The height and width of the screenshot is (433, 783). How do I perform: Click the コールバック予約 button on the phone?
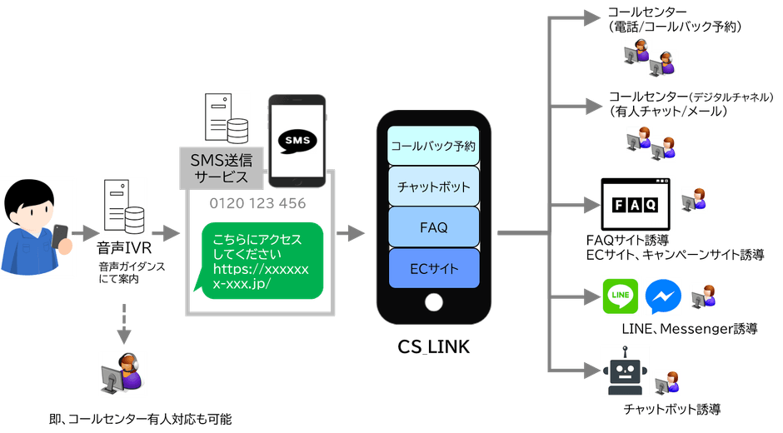[433, 146]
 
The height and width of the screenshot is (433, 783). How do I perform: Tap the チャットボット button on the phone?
[433, 186]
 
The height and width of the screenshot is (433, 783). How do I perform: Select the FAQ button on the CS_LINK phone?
[433, 226]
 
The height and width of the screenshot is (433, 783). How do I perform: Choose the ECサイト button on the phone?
[433, 267]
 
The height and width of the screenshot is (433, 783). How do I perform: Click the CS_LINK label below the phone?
[432, 346]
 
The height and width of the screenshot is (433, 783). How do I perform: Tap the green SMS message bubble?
[258, 259]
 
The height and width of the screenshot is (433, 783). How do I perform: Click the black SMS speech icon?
[297, 139]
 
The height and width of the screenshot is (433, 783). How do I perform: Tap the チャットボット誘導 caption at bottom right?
[672, 409]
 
